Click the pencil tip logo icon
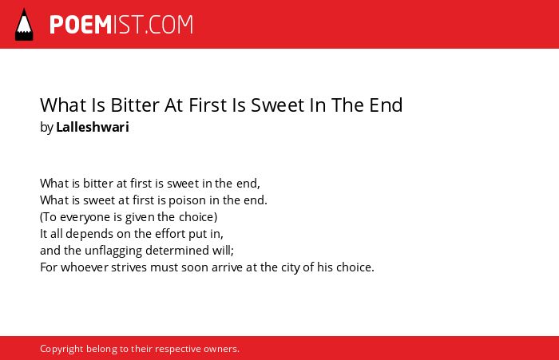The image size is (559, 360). pos(24,25)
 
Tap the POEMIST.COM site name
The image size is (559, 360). pos(121,25)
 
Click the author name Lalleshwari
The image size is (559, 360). pos(93,127)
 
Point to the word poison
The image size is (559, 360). pos(187,200)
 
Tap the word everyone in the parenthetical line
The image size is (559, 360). pos(86,217)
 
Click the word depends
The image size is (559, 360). pos(84,234)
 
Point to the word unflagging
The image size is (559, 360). pos(113,251)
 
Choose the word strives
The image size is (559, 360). pos(129,267)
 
